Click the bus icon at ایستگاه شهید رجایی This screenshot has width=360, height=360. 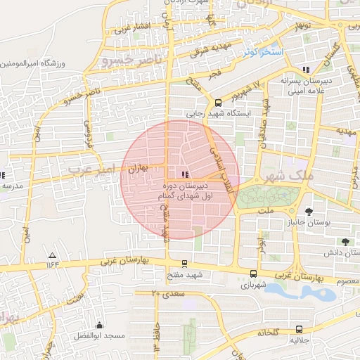coord(219,102)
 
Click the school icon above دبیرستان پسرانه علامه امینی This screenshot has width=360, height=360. coord(305,69)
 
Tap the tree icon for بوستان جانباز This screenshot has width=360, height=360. coord(309,211)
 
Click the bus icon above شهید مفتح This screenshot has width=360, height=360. coord(185,264)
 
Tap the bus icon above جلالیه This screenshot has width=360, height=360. coord(300,328)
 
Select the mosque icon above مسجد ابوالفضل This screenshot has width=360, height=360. coord(98,326)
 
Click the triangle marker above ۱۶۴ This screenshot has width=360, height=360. coord(51,255)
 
